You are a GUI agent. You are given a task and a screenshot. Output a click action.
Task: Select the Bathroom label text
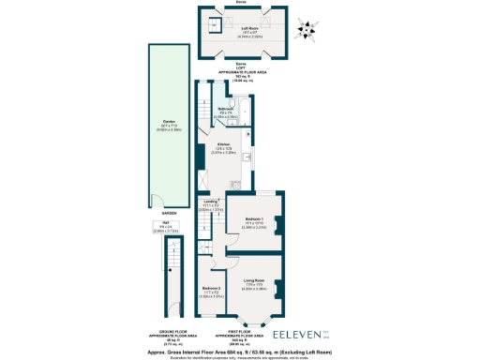[226, 110]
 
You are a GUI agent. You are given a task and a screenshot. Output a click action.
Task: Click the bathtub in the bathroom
[244, 116]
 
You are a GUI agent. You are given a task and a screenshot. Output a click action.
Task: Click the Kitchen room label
[223, 144]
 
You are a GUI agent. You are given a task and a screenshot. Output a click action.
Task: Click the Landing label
[210, 200]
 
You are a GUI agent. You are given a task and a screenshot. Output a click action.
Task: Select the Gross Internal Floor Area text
[240, 351]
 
